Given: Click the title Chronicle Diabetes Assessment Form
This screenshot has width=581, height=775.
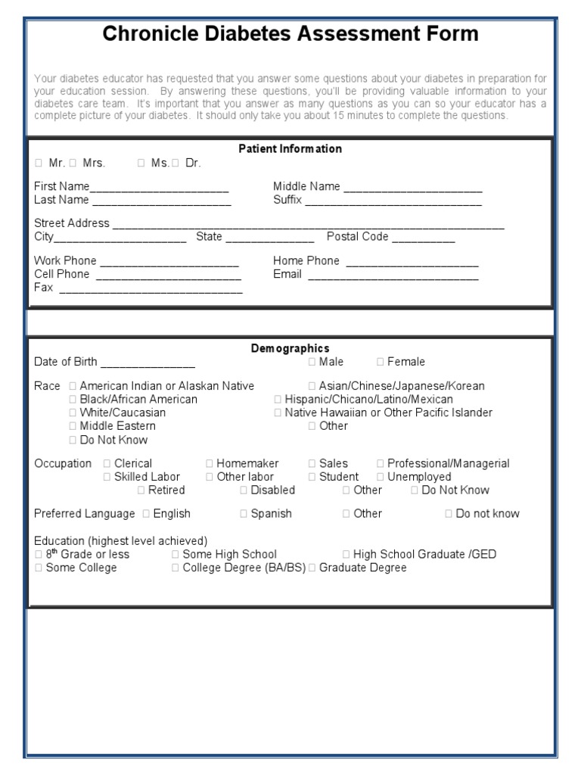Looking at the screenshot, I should click(290, 34).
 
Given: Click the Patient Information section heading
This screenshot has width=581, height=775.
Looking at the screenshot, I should click(290, 149).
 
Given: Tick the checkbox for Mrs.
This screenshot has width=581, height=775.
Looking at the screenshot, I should click(73, 163).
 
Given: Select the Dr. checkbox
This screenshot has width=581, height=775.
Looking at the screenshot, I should click(176, 163).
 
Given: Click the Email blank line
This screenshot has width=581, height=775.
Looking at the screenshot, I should click(393, 275).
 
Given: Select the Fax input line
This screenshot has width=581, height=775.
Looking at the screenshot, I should click(151, 289).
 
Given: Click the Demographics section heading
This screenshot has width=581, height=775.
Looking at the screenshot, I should click(290, 348).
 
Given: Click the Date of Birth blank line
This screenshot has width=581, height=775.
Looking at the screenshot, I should click(148, 363).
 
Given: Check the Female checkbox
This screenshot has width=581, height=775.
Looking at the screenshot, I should click(381, 363).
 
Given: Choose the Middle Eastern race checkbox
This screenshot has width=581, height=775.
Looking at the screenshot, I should click(73, 427).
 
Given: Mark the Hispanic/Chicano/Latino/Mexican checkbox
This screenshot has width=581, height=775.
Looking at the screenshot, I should click(278, 400).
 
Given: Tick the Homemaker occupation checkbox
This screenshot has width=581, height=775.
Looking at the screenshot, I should click(210, 464).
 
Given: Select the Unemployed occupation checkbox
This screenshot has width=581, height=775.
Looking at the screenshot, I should click(381, 478).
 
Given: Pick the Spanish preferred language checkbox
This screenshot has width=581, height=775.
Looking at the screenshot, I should click(244, 514).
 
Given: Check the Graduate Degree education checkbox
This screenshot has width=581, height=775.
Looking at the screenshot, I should click(312, 568).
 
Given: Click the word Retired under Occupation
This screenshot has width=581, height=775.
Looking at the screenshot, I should click(166, 490).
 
